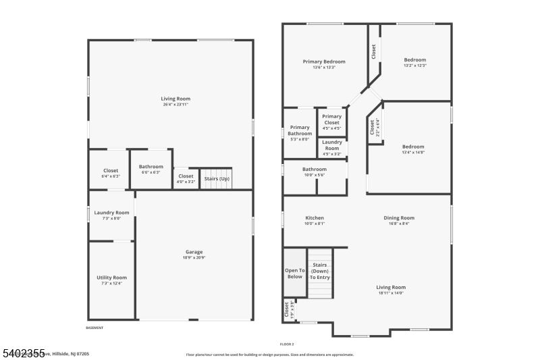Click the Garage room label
point(194,252)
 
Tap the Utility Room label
point(111,278)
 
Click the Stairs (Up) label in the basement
point(217,179)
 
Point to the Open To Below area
point(295,274)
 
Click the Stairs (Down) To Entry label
point(319,272)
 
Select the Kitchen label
point(315,218)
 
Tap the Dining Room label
point(399,218)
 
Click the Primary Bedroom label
point(324,61)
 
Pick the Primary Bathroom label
point(300,130)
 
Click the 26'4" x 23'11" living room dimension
point(175,105)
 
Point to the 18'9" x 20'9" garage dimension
point(194,257)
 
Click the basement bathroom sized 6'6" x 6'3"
point(151,170)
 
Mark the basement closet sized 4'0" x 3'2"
point(186,179)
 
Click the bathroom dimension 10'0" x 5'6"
point(315,175)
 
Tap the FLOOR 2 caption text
point(288,344)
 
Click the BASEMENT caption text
point(94,328)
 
